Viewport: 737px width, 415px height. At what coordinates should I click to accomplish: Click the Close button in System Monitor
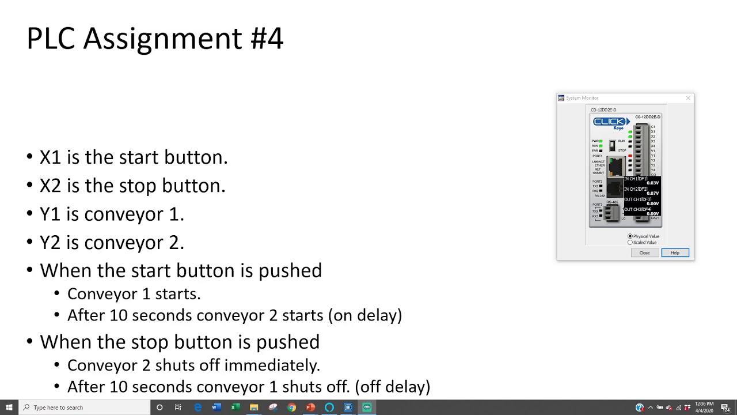pyautogui.click(x=644, y=253)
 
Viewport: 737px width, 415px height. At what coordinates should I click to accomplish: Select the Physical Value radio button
pyautogui.click(x=630, y=236)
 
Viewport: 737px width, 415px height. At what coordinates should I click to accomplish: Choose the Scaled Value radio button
pyautogui.click(x=630, y=243)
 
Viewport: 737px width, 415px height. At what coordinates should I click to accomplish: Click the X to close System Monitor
pyautogui.click(x=688, y=98)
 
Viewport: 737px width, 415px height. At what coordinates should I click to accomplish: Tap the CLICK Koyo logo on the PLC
pyautogui.click(x=610, y=122)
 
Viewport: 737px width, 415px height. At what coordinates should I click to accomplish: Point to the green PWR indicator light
pyautogui.click(x=601, y=141)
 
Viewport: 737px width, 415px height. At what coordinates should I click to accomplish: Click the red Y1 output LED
pyautogui.click(x=630, y=156)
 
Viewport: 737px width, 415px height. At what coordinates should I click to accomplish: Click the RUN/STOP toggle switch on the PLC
pyautogui.click(x=612, y=146)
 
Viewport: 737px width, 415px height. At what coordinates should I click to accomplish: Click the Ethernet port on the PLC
pyautogui.click(x=616, y=167)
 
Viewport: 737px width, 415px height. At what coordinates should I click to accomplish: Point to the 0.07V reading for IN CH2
pyautogui.click(x=652, y=194)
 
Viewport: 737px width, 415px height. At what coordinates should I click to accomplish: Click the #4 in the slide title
pyautogui.click(x=267, y=39)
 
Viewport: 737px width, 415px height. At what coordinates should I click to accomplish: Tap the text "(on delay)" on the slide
pyautogui.click(x=365, y=315)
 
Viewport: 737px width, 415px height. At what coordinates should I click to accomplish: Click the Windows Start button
pyautogui.click(x=9, y=408)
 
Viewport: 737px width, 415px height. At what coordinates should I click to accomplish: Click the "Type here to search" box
pyautogui.click(x=86, y=408)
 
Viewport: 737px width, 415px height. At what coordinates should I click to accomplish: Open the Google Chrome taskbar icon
pyautogui.click(x=292, y=408)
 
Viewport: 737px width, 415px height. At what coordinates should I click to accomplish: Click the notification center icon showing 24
pyautogui.click(x=727, y=408)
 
